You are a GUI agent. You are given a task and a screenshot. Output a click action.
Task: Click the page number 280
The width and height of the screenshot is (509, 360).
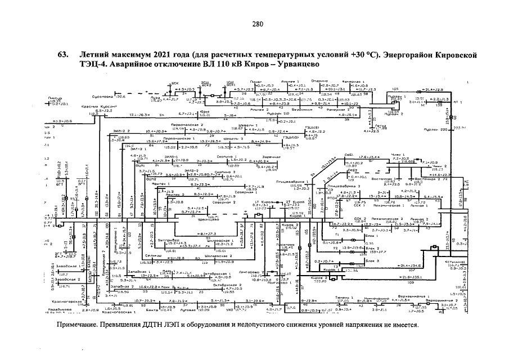click(x=258, y=24)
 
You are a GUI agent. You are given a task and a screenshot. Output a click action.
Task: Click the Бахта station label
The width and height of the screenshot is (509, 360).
click(x=152, y=310)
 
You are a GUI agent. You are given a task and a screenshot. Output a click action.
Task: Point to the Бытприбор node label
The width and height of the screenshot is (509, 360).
click(x=160, y=240)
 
